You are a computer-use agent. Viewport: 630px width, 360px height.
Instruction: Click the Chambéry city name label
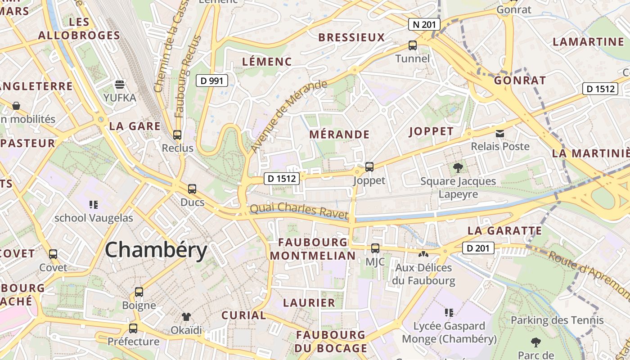(x=156, y=250)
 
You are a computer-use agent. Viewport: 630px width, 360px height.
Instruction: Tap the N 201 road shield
(x=424, y=24)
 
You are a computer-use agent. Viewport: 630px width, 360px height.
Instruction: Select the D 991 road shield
(x=212, y=81)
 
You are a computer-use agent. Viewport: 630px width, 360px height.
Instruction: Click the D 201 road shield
(x=478, y=248)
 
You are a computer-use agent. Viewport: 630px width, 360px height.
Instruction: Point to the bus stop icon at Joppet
(x=369, y=167)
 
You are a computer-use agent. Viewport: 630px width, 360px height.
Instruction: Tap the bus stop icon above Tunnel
(x=413, y=45)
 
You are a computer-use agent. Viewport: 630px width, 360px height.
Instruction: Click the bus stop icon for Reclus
(x=177, y=135)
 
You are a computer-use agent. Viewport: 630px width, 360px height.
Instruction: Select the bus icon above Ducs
(x=192, y=189)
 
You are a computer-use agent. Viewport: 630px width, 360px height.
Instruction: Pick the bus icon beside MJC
(x=375, y=248)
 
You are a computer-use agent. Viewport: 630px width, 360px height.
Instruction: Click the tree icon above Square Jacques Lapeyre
(x=458, y=168)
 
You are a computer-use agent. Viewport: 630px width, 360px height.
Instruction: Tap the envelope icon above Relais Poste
(x=500, y=133)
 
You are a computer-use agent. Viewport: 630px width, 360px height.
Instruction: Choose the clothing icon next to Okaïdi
(x=186, y=317)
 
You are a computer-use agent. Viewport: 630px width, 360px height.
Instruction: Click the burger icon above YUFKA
(x=120, y=84)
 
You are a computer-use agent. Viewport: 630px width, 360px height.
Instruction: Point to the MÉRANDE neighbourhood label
(x=339, y=135)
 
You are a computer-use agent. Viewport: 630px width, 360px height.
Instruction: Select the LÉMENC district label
(x=267, y=62)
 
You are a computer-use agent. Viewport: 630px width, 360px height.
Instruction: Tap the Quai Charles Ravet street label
(x=299, y=210)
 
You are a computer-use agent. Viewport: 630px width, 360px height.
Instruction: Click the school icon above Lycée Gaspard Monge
(x=449, y=312)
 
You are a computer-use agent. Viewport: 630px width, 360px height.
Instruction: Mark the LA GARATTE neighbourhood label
(x=505, y=231)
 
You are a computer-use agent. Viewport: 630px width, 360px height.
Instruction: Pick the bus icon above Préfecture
(x=133, y=328)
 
